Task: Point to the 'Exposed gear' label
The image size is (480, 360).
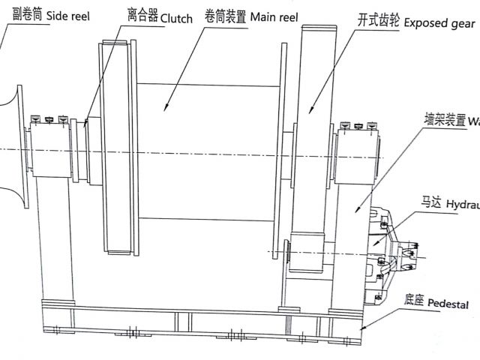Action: [x=439, y=23]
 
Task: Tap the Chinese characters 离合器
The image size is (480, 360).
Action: [x=142, y=16]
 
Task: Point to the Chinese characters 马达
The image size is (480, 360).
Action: [x=429, y=202]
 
